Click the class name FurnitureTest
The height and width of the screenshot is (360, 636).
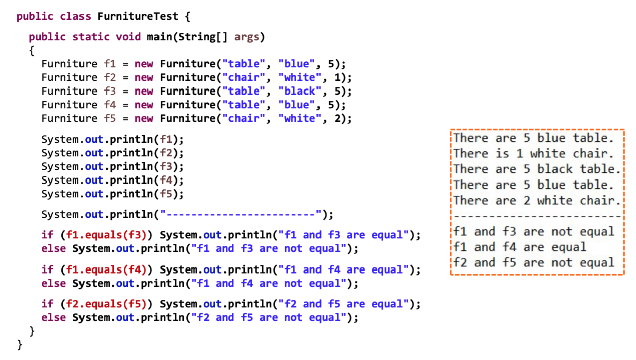(x=137, y=16)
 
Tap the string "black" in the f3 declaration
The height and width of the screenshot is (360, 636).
(x=300, y=91)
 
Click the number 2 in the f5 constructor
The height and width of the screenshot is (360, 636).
(x=337, y=118)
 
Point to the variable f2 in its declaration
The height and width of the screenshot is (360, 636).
(x=110, y=77)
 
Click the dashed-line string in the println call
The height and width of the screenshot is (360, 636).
(x=241, y=215)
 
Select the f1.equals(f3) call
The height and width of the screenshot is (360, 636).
(x=106, y=235)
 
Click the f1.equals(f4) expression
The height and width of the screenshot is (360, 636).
(x=106, y=270)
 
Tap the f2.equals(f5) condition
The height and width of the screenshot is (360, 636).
(x=106, y=304)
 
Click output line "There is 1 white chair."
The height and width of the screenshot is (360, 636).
(x=534, y=154)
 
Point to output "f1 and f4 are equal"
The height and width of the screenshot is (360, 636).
(x=520, y=247)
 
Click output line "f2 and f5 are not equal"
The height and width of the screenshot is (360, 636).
(x=534, y=263)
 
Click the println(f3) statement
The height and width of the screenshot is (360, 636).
(x=113, y=166)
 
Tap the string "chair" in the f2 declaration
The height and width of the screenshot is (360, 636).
(x=245, y=77)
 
